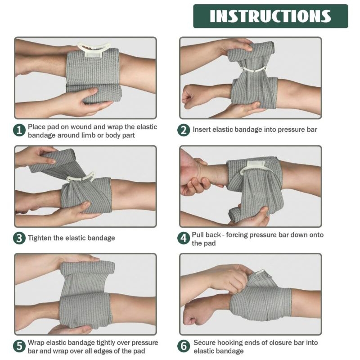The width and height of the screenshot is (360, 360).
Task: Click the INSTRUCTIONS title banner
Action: (270, 16)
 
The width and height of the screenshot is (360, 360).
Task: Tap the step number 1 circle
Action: (19, 130)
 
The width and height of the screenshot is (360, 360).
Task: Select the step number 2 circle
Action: (184, 130)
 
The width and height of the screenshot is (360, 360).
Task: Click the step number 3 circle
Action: (19, 238)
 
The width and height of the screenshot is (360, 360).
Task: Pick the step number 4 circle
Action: (184, 238)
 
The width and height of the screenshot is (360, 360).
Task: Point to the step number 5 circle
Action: (19, 346)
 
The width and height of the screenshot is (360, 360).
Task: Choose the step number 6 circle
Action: (184, 346)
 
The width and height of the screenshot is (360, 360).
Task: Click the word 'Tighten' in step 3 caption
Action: (41, 238)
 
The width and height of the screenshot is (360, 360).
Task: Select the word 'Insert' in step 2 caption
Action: (202, 130)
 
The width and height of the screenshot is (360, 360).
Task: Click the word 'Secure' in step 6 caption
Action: (205, 342)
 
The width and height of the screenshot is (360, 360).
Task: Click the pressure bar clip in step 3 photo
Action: (81, 177)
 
